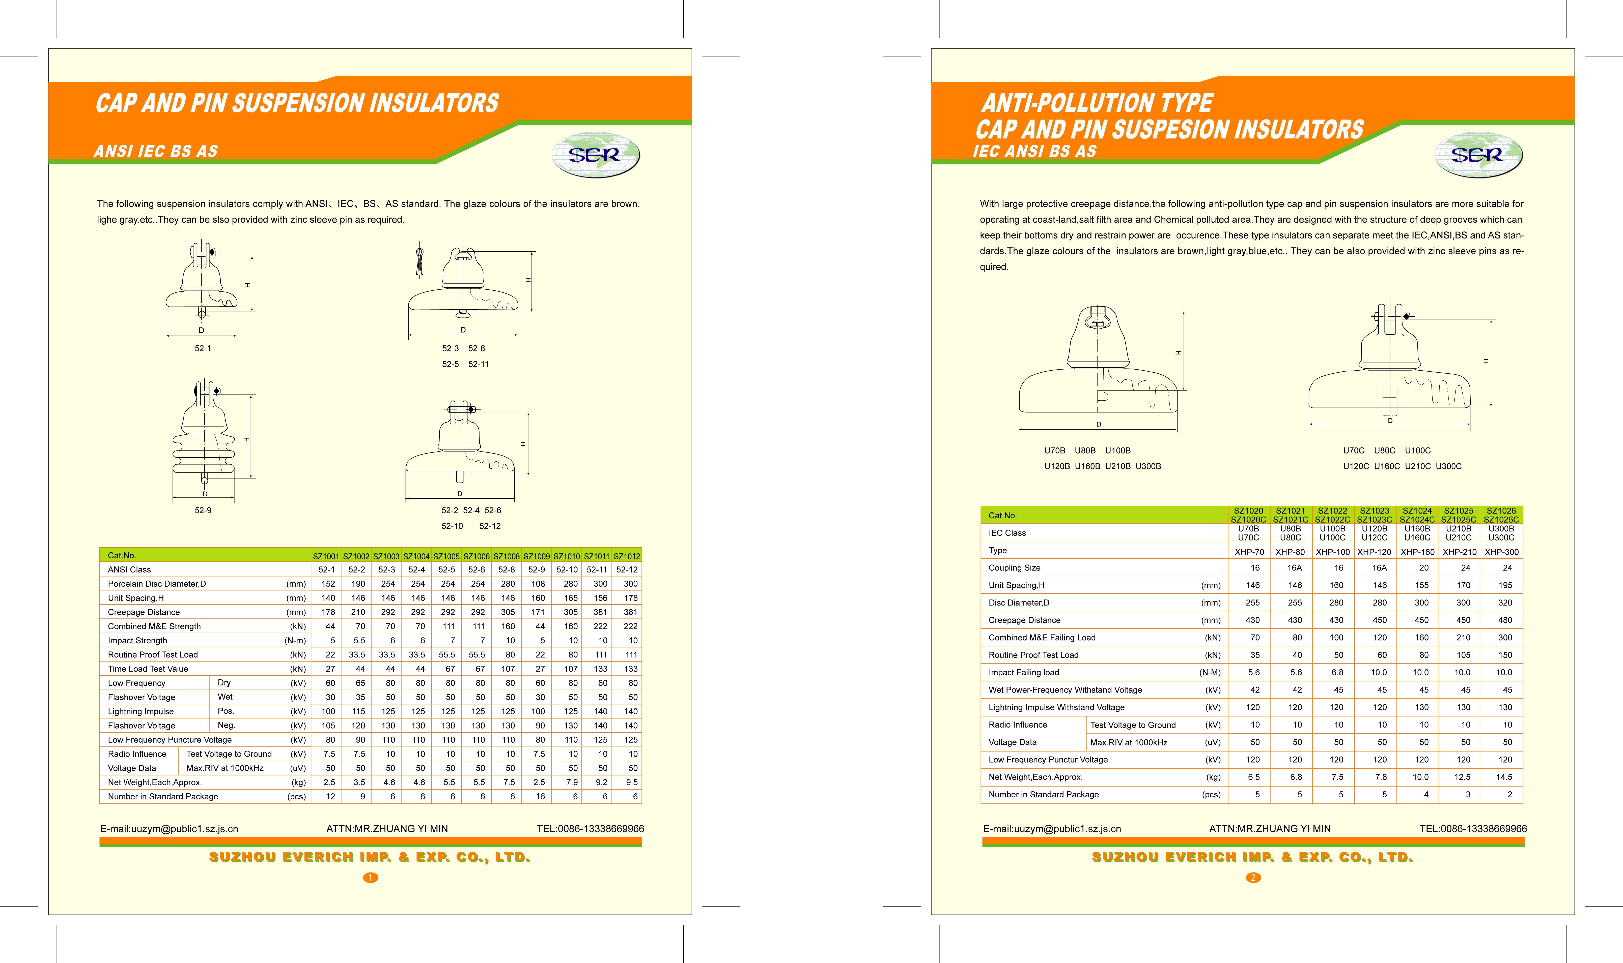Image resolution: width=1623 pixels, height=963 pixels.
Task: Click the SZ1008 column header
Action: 506,556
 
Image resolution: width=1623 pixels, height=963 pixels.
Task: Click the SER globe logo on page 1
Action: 595,155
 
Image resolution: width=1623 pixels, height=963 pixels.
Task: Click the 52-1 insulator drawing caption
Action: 203,348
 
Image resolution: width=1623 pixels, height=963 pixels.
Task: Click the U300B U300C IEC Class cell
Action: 1501,533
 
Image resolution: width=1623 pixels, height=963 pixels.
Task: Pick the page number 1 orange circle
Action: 370,877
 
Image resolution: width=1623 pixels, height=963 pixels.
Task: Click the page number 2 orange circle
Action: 1253,877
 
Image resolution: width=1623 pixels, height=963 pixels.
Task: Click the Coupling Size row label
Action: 1014,568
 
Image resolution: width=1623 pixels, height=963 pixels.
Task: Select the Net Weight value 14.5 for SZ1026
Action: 1504,777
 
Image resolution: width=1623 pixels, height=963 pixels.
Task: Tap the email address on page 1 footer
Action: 169,829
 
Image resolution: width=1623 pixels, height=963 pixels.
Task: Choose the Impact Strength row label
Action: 138,641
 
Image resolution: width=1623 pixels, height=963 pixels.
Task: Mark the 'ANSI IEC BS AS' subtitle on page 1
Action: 156,151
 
